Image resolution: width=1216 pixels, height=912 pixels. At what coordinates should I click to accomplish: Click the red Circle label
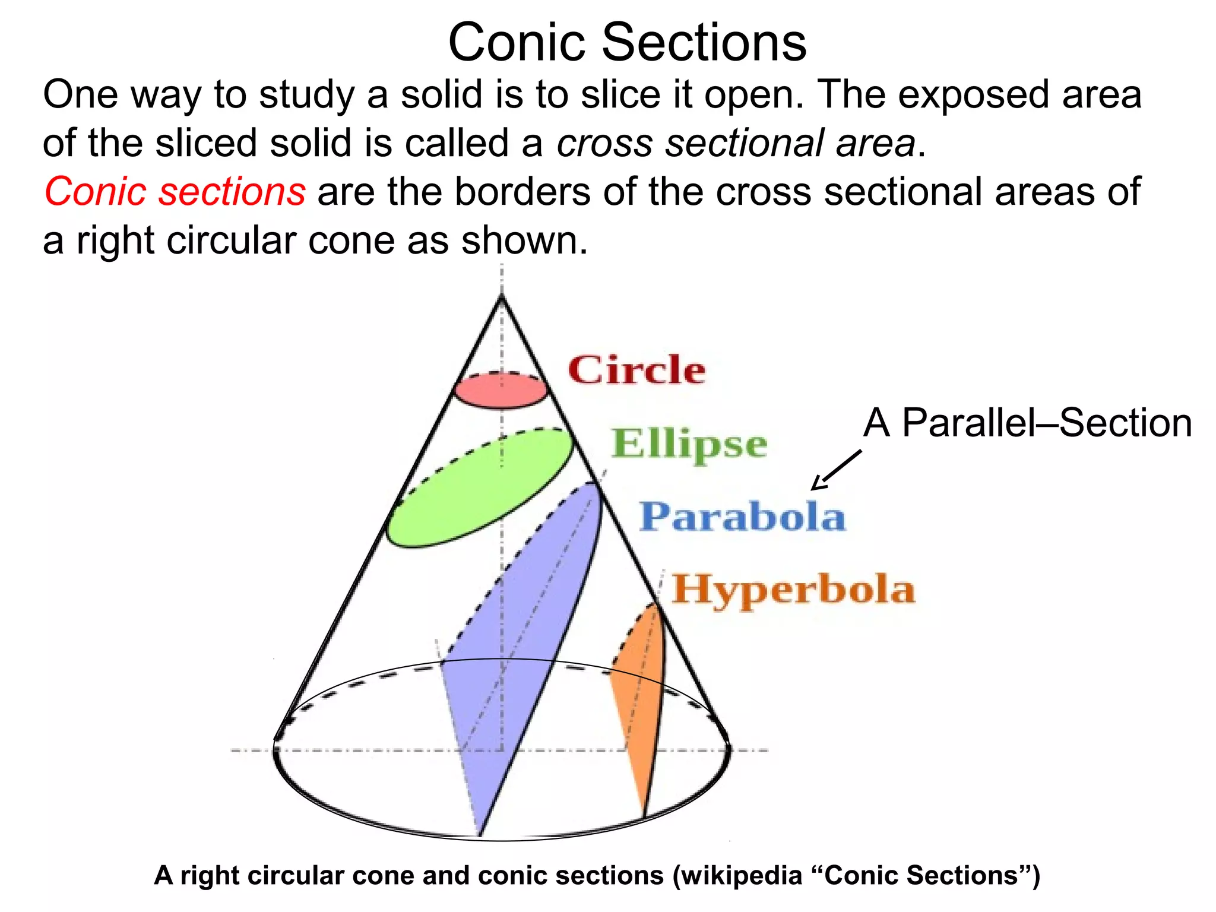pos(636,370)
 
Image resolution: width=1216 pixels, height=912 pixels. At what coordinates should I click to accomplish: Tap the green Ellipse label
pos(689,444)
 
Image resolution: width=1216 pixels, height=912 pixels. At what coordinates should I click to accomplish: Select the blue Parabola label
pos(742,517)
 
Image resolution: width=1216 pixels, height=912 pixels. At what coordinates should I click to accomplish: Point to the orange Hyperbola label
pos(793,590)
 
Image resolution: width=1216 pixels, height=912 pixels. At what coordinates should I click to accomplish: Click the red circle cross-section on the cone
pos(501,391)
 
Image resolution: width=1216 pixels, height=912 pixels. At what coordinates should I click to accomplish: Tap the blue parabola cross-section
pos(522,641)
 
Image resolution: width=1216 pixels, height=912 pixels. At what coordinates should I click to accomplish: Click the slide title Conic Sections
pos(627,42)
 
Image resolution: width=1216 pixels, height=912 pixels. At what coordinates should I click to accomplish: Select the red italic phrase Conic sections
pos(175,192)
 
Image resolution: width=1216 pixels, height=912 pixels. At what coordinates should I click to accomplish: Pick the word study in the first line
pos(306,95)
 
